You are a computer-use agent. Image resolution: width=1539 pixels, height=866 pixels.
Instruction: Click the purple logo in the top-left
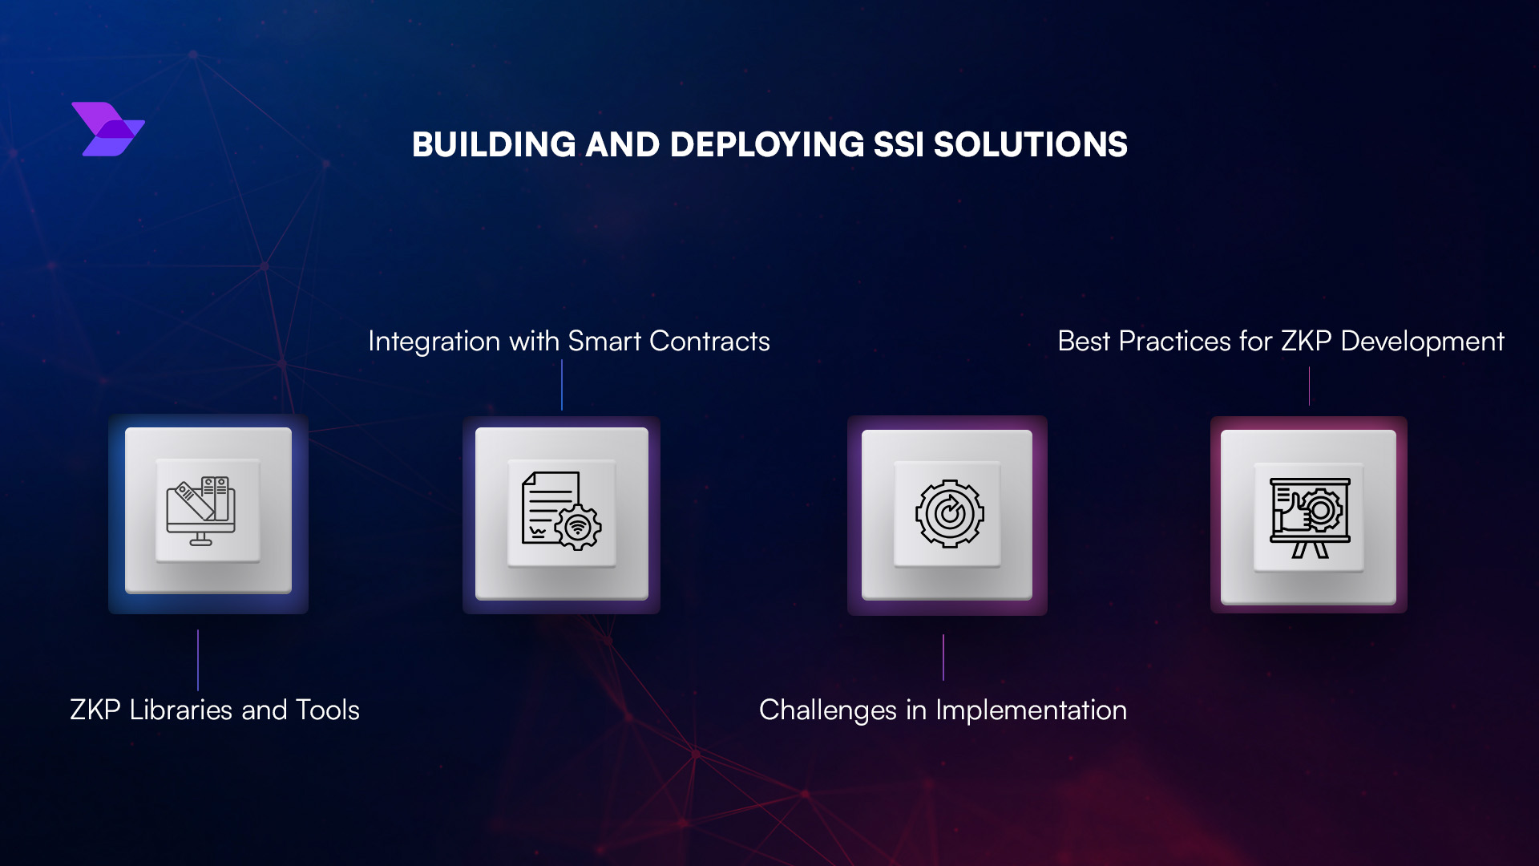(x=108, y=129)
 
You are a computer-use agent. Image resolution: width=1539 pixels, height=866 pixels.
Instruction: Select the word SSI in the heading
(x=899, y=145)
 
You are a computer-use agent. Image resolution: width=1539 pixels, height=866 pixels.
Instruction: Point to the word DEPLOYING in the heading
(x=767, y=145)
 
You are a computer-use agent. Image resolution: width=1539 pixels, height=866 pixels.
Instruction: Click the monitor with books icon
(x=201, y=511)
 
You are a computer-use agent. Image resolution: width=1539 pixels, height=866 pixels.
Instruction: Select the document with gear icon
(x=561, y=511)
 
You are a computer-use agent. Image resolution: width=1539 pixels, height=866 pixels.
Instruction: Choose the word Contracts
(x=709, y=342)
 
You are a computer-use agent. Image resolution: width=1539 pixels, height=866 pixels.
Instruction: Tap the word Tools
(x=327, y=710)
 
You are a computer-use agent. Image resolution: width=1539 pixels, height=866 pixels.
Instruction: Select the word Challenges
(x=827, y=710)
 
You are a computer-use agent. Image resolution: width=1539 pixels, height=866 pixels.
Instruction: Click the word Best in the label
(x=1084, y=342)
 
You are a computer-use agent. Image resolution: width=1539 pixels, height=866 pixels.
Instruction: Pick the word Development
(x=1422, y=342)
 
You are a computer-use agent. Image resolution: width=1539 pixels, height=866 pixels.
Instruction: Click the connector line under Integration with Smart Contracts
(x=562, y=385)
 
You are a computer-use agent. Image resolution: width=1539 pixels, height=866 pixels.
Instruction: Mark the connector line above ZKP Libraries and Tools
(x=198, y=660)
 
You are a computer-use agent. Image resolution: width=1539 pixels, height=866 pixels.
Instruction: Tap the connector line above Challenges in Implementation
(x=943, y=658)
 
